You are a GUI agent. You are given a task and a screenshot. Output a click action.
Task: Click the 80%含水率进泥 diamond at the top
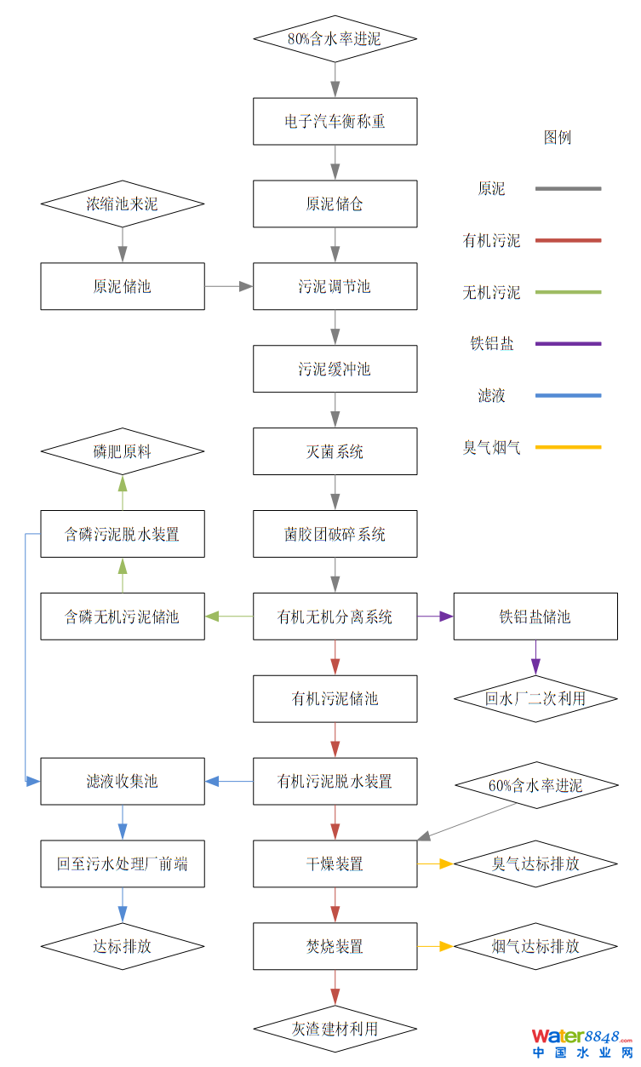pyautogui.click(x=335, y=39)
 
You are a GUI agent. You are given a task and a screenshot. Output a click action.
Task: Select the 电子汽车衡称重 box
pyautogui.click(x=335, y=122)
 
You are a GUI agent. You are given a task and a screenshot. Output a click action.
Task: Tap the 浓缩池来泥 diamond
pyautogui.click(x=123, y=204)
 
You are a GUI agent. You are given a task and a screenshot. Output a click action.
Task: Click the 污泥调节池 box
pyautogui.click(x=335, y=286)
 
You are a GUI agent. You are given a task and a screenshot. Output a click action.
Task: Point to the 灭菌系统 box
pyautogui.click(x=335, y=451)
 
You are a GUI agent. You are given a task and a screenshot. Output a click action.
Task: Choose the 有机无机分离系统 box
pyautogui.click(x=335, y=617)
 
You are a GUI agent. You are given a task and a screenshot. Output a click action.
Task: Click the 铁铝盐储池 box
pyautogui.click(x=535, y=617)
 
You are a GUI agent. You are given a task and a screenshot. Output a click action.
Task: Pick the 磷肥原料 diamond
pyautogui.click(x=123, y=452)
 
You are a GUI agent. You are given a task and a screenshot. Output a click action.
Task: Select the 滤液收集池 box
pyautogui.click(x=123, y=781)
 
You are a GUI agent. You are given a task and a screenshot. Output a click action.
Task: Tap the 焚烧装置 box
pyautogui.click(x=335, y=946)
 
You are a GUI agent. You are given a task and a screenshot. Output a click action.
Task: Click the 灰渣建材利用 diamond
pyautogui.click(x=335, y=1029)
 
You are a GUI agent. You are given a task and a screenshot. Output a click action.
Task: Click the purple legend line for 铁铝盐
pyautogui.click(x=568, y=344)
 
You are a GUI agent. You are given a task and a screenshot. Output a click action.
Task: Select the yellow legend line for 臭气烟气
pyautogui.click(x=568, y=447)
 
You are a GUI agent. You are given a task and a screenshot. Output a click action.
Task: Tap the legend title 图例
pyautogui.click(x=558, y=138)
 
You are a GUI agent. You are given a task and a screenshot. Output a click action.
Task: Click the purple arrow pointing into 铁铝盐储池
pyautogui.click(x=435, y=616)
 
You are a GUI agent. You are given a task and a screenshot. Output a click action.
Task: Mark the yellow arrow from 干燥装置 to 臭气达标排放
pyautogui.click(x=435, y=863)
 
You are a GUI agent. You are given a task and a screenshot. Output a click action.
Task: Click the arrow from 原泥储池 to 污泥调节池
pyautogui.click(x=229, y=286)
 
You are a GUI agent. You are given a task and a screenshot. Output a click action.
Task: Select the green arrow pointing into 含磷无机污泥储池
pyautogui.click(x=229, y=616)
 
